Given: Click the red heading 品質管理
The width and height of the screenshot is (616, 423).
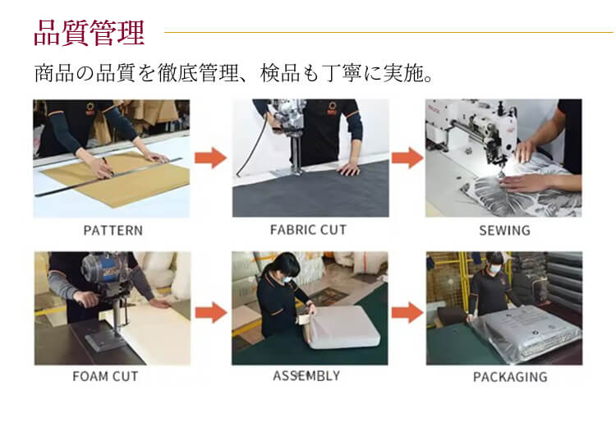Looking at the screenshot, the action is (90, 34).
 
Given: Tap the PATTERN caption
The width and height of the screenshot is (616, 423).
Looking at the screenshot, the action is (113, 231).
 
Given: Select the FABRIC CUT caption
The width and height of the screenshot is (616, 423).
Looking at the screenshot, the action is (308, 230).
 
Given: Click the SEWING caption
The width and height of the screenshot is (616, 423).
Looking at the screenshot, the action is (504, 231).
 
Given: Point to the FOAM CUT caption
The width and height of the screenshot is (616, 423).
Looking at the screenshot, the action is (105, 377).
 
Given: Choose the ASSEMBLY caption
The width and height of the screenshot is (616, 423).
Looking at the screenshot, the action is (306, 376).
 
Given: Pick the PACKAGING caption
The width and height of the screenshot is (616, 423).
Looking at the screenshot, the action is (510, 377).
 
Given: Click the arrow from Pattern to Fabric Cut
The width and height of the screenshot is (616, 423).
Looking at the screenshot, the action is (210, 158).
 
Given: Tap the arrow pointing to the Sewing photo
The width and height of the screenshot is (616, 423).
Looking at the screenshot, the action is (407, 158).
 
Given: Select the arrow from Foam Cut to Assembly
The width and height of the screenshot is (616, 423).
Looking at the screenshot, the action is (211, 313).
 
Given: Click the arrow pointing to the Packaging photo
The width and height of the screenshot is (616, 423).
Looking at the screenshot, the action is (407, 313).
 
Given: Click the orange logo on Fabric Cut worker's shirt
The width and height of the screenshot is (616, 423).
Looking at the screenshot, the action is (333, 108).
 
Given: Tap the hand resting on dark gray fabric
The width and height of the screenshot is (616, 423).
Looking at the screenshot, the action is (349, 169).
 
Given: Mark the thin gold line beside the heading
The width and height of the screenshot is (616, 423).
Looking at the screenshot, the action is (388, 32).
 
